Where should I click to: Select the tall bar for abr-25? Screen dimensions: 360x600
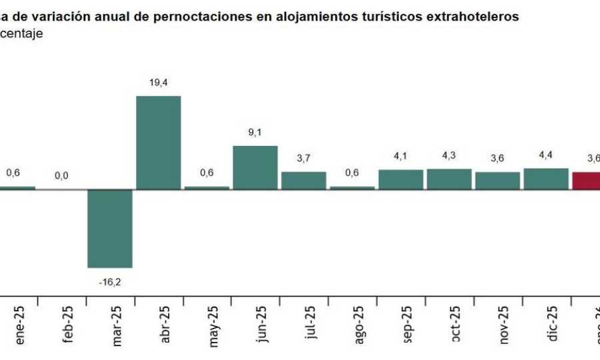158,143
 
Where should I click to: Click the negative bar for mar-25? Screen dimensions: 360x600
110,229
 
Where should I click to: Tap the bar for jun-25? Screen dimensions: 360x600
255,168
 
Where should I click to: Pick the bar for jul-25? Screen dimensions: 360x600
303,181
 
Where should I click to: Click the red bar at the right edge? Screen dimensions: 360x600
587,181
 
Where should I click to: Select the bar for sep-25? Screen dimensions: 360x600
401,180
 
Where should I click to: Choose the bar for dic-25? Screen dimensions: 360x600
545,179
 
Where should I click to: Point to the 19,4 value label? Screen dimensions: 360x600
158,83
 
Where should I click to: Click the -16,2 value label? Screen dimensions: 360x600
110,282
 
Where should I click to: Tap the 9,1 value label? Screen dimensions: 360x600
255,133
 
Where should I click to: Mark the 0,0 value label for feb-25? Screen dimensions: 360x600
61,176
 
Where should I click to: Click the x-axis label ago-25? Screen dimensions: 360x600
358,325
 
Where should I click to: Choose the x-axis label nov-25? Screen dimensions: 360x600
503,325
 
